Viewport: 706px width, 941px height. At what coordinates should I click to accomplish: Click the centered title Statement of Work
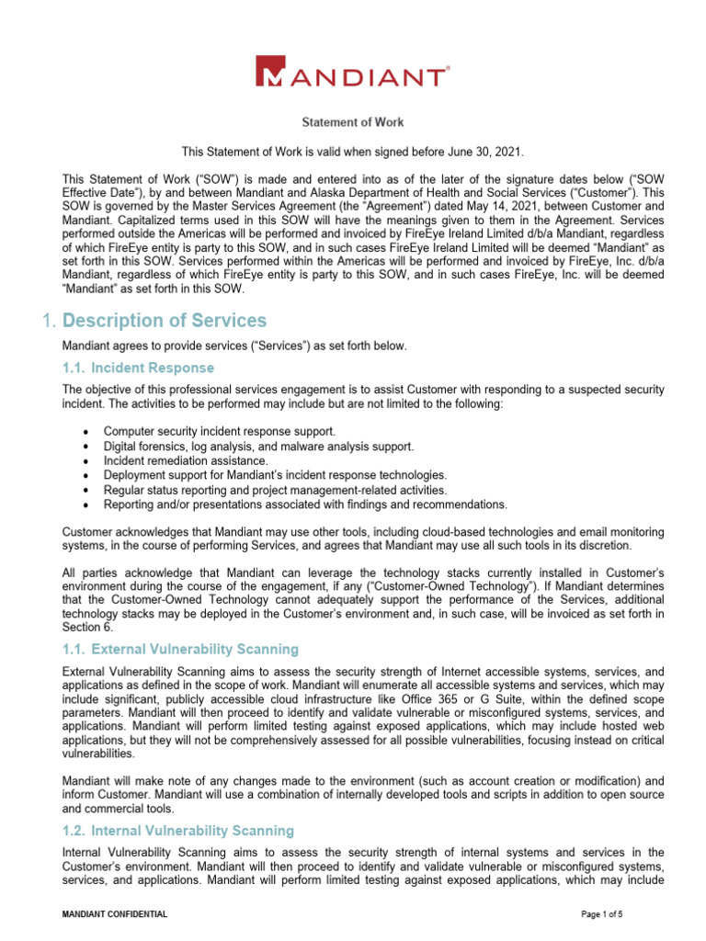354,122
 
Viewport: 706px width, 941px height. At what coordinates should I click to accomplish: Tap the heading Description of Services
165,321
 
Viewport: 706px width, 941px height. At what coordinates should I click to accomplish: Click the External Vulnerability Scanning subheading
194,650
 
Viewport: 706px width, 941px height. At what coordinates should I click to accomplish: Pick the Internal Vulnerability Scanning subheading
191,831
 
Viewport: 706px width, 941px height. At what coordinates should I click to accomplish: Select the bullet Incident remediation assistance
186,460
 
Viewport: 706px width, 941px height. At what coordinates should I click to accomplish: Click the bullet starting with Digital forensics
258,446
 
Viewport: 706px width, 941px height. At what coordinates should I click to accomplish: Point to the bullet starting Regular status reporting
262,490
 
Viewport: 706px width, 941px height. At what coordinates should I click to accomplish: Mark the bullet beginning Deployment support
275,475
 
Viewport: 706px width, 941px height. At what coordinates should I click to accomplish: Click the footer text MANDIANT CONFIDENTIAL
114,915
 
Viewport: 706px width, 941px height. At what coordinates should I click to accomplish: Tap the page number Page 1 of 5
608,915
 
